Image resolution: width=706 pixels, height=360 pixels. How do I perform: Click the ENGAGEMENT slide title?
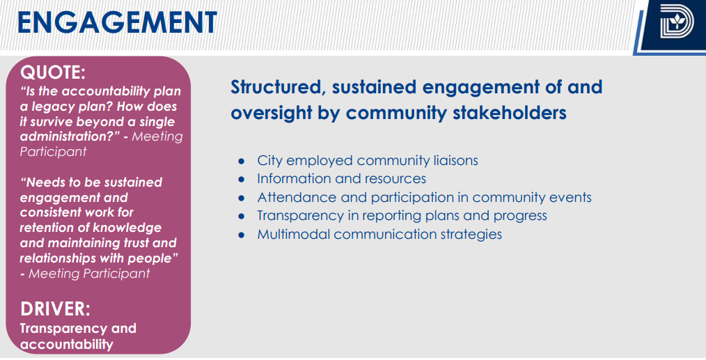coord(117,22)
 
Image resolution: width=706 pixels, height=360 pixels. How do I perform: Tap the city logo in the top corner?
coord(677,21)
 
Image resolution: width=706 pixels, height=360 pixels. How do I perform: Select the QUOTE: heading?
coord(53,72)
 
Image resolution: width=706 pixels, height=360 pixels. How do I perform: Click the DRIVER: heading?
coord(55,309)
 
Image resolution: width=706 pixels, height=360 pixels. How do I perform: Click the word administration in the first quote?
coord(67,136)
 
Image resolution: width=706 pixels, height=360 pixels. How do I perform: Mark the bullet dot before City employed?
coord(242,162)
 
